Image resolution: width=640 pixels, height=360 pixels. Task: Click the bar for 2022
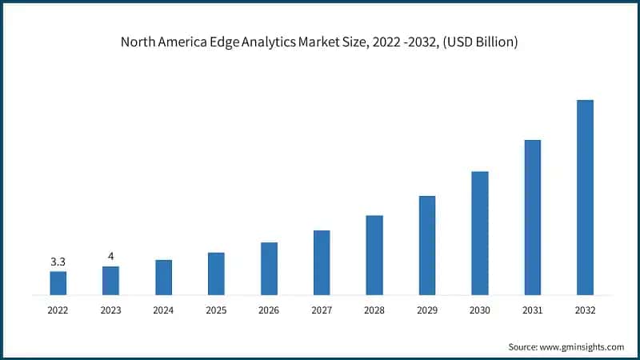tap(58, 283)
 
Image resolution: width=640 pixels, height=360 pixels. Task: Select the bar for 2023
tap(110, 281)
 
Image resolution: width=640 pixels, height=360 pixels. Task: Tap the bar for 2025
tap(216, 274)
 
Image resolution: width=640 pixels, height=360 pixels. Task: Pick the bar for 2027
tap(322, 262)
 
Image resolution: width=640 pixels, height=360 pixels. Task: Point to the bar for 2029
tap(427, 246)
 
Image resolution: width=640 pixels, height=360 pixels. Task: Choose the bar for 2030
tap(480, 233)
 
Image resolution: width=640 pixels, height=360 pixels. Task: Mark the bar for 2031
tap(533, 218)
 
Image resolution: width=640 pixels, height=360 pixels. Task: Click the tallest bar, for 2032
tap(585, 198)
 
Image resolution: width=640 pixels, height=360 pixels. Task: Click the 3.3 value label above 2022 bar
tap(58, 262)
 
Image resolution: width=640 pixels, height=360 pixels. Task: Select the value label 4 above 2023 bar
tap(110, 257)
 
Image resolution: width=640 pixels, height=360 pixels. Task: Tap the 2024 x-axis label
tap(163, 310)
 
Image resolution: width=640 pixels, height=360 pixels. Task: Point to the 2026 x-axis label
tap(269, 310)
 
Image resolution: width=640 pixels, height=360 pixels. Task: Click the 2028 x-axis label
tap(374, 310)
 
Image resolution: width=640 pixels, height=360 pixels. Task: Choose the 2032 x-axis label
tap(585, 310)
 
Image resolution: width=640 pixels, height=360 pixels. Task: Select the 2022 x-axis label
tap(58, 310)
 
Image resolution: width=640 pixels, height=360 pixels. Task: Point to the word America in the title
tap(186, 42)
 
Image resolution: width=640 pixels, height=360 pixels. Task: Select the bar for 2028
tap(374, 255)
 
